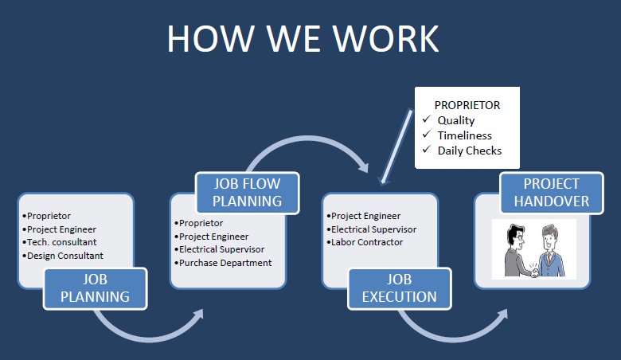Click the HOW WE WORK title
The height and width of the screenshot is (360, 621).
[303, 38]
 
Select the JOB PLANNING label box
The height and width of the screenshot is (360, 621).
[95, 288]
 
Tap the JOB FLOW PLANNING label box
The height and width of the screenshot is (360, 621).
[247, 192]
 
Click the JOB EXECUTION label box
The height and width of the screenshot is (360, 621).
[399, 288]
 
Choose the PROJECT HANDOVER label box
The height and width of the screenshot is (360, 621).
[551, 192]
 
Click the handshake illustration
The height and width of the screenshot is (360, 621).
[533, 248]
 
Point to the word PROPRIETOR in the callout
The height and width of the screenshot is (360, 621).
[467, 105]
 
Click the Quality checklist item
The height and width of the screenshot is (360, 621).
[456, 120]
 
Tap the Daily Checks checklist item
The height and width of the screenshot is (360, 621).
[470, 151]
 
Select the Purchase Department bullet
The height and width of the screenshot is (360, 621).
[225, 263]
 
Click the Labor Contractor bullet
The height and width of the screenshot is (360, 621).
[366, 242]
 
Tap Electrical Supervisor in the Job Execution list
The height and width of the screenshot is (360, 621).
[373, 229]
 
